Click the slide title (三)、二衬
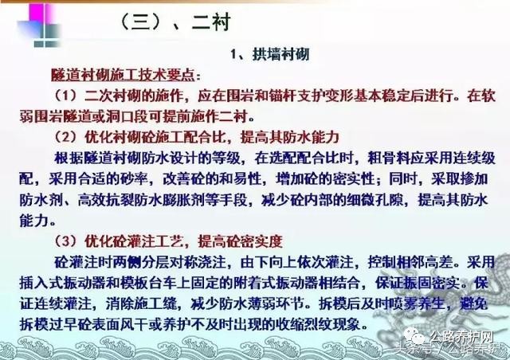[x=175, y=22]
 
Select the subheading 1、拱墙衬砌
[x=269, y=54]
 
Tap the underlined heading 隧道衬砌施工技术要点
[x=123, y=75]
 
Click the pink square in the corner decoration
[x=39, y=14]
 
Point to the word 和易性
[x=241, y=179]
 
